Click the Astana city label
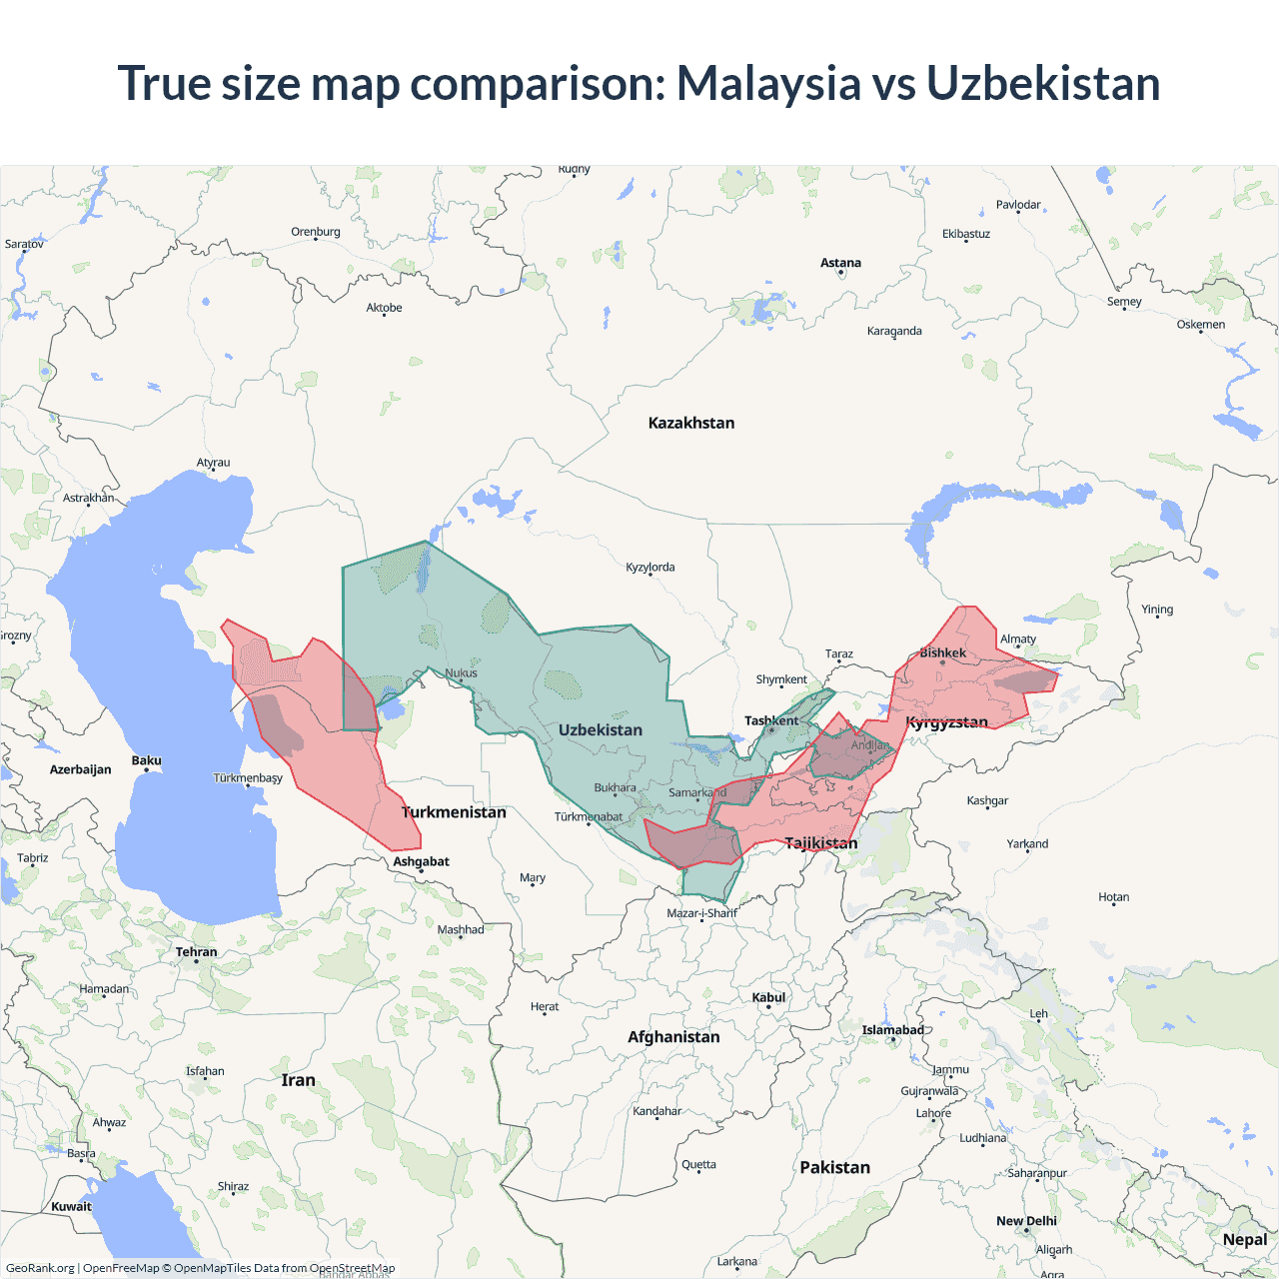tap(840, 263)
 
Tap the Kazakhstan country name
tap(690, 423)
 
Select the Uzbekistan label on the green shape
tap(600, 729)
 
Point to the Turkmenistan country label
tap(454, 812)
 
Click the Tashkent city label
tap(771, 720)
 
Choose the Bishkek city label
tap(942, 652)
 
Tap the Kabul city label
tap(768, 997)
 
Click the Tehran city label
tap(196, 952)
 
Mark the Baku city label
tap(146, 760)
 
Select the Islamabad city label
tap(892, 1030)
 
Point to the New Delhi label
tap(1026, 1221)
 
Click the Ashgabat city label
tap(421, 861)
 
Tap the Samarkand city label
tap(697, 792)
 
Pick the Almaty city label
tap(1018, 639)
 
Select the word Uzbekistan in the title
tap(1043, 83)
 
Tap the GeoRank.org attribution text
tap(40, 1268)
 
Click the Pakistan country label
tap(834, 1167)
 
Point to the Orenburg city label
tap(316, 232)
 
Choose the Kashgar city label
tap(987, 800)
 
